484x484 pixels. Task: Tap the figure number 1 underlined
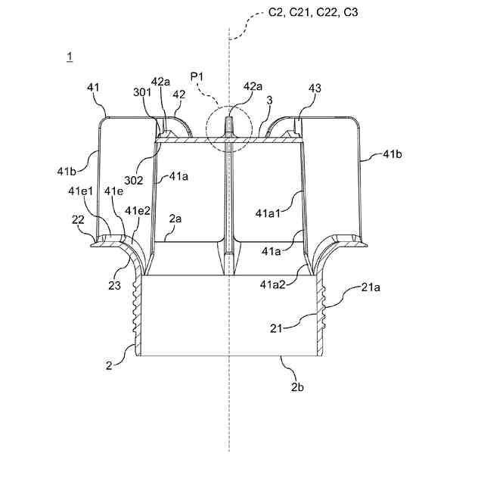tap(70, 57)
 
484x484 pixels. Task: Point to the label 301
tap(142, 92)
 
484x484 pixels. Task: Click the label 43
tap(315, 88)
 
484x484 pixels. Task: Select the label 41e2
tap(138, 210)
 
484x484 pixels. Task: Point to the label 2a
tap(175, 218)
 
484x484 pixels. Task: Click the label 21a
tap(370, 287)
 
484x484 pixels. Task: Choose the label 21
tap(278, 327)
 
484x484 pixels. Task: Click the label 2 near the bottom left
tap(109, 365)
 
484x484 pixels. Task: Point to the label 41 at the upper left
tap(93, 88)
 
